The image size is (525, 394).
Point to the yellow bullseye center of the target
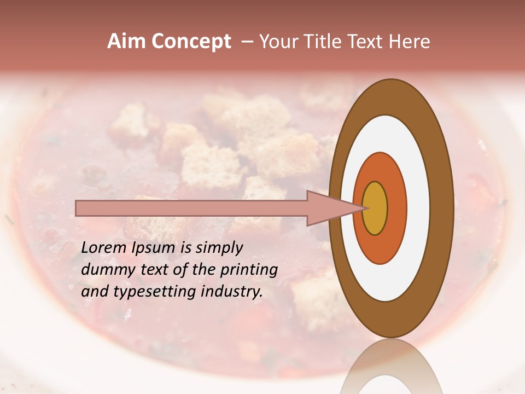pyautogui.click(x=375, y=208)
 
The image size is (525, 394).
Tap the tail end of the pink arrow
pyautogui.click(x=77, y=208)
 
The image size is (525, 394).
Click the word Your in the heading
pyautogui.click(x=276, y=42)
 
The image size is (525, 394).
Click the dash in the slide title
pyautogui.click(x=247, y=42)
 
